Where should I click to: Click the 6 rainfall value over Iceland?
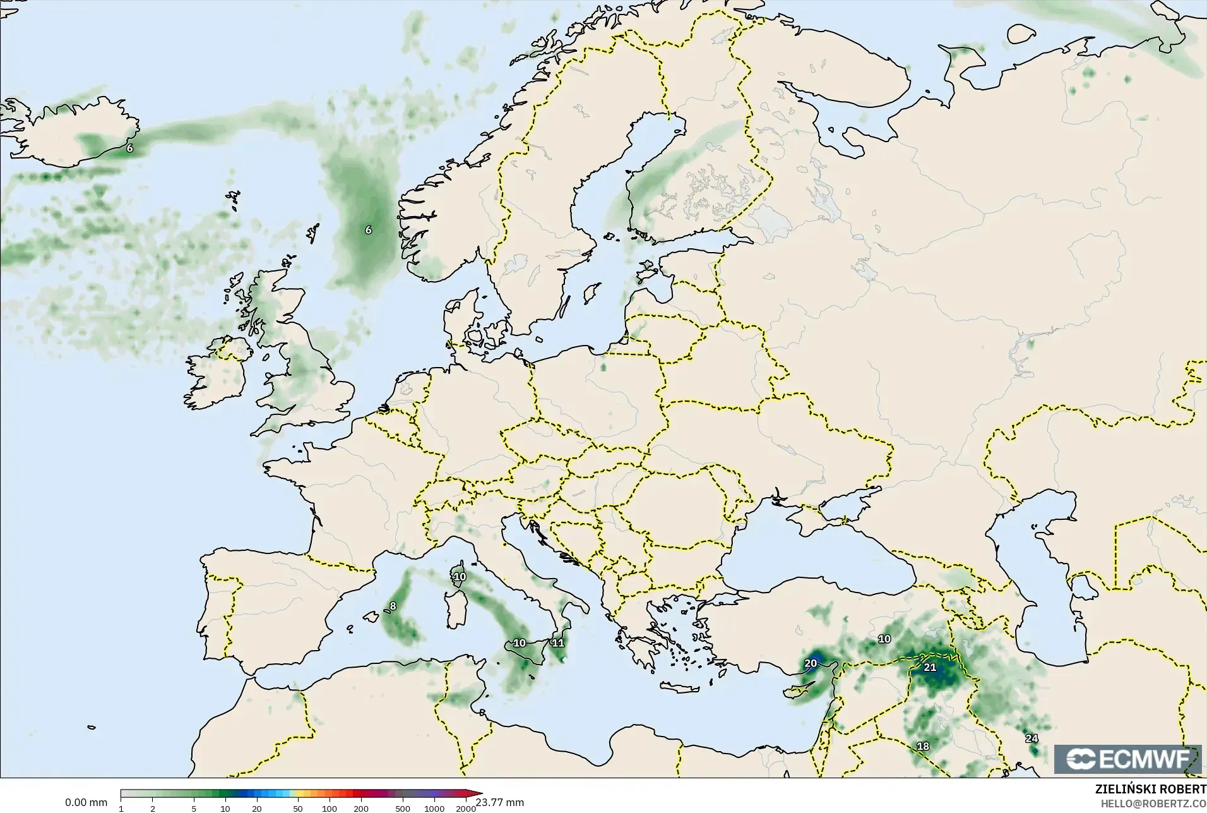click(x=129, y=148)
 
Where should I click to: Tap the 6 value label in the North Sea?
click(x=369, y=230)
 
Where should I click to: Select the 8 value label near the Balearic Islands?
click(x=393, y=606)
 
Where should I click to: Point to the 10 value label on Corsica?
click(x=460, y=577)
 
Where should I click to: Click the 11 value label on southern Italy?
click(x=558, y=643)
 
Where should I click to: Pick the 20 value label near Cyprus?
click(x=811, y=663)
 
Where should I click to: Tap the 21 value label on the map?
click(x=930, y=667)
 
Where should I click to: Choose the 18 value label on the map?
click(x=923, y=746)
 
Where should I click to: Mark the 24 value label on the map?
click(x=1032, y=738)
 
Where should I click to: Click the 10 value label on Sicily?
click(x=519, y=643)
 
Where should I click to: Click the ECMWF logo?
click(x=1128, y=759)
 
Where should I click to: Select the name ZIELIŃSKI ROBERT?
click(x=1150, y=790)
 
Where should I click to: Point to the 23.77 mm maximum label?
click(x=500, y=803)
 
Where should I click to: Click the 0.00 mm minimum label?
click(x=86, y=803)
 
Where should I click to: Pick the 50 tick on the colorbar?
click(x=298, y=809)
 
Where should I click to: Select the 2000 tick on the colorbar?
click(x=466, y=809)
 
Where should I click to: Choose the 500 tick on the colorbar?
click(x=403, y=809)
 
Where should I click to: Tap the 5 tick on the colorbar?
click(x=194, y=809)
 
